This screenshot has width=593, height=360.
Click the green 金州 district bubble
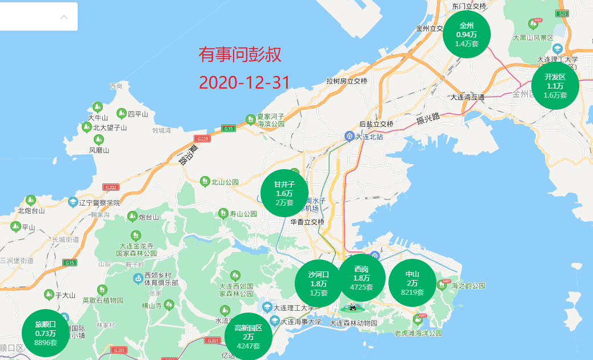[x=467, y=34]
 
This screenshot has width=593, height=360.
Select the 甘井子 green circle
[x=284, y=193]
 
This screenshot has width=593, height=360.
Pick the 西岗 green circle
[x=361, y=278]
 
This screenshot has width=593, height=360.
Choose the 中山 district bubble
[x=412, y=283]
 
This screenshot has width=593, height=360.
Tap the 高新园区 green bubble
[x=248, y=337]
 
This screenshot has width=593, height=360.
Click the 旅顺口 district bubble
[x=45, y=333]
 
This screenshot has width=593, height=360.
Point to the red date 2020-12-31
[x=245, y=82]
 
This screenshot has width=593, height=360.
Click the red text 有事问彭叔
[x=240, y=55]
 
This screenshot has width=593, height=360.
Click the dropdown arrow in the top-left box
[x=64, y=17]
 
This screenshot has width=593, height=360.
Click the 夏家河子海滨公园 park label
[x=270, y=119]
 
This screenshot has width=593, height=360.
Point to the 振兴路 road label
[x=428, y=118]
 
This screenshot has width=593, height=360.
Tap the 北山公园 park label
[x=225, y=182]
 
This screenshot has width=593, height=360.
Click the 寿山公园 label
[x=243, y=214]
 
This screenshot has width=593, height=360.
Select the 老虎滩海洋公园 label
[x=418, y=333]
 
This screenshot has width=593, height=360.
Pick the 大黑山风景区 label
[x=533, y=38]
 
